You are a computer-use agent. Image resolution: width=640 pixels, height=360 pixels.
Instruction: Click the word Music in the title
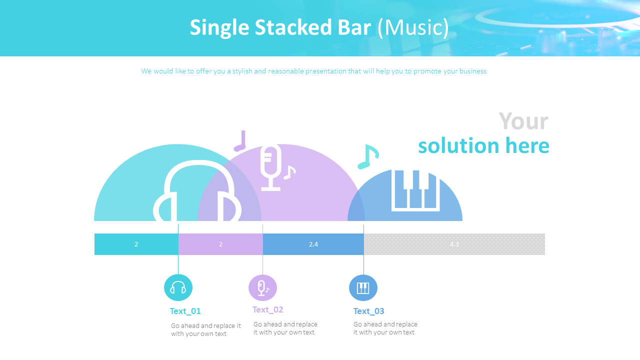413,27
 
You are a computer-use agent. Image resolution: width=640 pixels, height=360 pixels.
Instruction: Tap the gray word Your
523,121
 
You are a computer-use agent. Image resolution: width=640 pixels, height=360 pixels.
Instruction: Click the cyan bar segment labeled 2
136,244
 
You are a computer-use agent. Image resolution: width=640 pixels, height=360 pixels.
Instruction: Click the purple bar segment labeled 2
220,244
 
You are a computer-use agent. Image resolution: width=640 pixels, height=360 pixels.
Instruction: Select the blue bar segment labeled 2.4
313,244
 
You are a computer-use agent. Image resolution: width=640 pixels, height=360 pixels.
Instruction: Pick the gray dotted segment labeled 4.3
454,244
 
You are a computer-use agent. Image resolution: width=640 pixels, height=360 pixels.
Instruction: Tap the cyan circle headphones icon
178,287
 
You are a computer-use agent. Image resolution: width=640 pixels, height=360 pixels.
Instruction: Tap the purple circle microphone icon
262,287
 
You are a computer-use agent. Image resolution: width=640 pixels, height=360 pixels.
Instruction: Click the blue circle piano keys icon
363,287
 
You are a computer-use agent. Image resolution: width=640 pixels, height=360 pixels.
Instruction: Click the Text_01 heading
185,311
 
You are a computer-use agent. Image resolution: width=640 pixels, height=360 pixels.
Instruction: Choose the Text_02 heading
267,309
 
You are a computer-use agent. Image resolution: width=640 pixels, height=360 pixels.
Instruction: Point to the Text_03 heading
368,311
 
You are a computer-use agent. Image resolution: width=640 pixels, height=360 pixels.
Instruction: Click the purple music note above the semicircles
241,141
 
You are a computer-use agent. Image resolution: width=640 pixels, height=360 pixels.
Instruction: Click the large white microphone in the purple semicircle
271,167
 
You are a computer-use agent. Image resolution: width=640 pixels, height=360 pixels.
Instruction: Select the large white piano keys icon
415,190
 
